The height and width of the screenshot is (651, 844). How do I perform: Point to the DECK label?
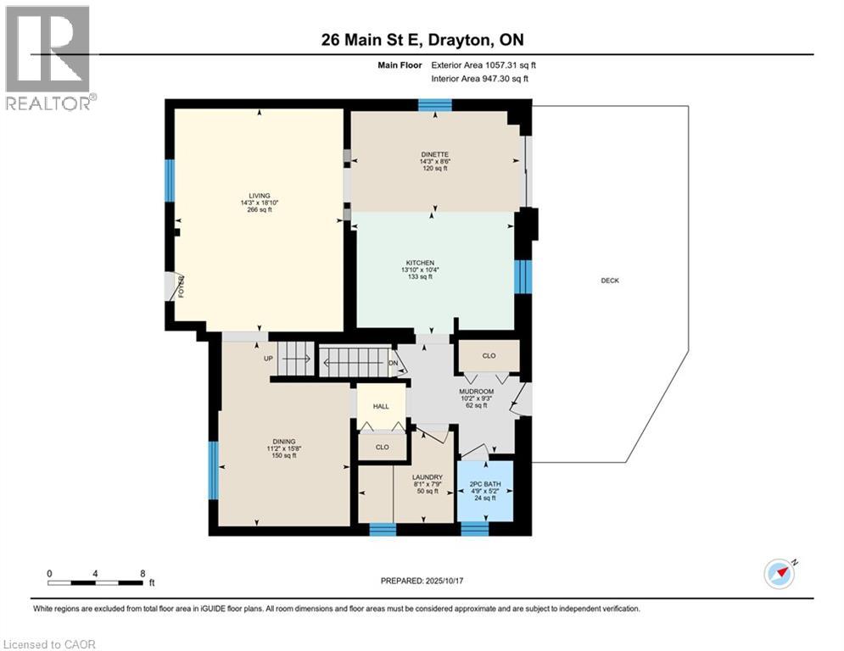pos(610,281)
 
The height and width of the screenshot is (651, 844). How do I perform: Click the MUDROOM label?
pos(475,391)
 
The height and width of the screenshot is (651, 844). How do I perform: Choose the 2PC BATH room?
pos(486,484)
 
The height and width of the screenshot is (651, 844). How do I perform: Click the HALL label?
pos(381,407)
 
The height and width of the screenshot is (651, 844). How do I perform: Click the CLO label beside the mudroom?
pos(489,356)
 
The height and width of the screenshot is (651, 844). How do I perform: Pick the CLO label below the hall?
pos(382,447)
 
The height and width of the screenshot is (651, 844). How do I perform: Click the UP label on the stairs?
pos(268,359)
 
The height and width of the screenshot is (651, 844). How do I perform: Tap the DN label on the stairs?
pos(393,363)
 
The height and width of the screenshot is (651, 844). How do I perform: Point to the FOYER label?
pos(182,287)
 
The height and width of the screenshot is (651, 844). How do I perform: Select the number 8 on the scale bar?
pos(142,574)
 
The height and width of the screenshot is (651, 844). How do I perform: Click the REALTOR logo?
pos(48,57)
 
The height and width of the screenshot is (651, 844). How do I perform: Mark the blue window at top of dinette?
pos(435,105)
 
